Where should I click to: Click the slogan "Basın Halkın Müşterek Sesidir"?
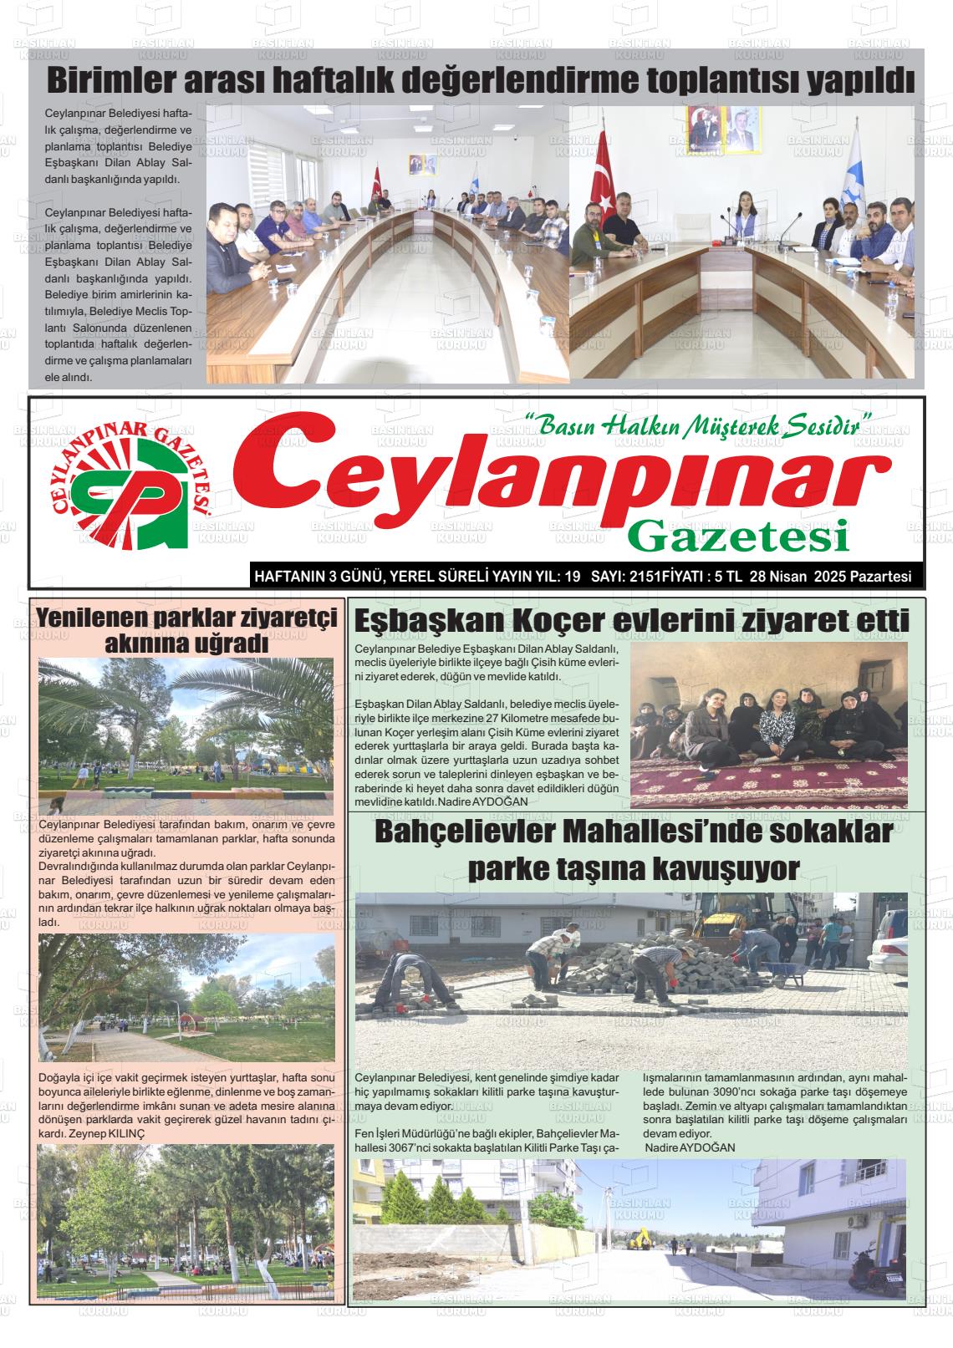[x=697, y=426]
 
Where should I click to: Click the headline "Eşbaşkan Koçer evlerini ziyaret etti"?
[x=632, y=622]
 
